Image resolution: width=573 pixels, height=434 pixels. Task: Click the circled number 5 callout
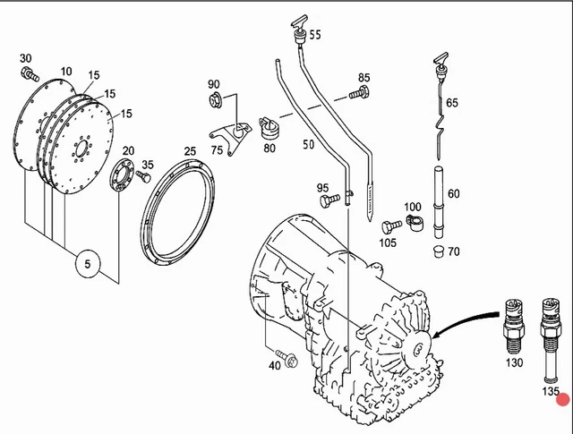87,263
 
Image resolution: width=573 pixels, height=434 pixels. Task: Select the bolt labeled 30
29,72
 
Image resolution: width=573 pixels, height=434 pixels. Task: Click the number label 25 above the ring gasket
190,152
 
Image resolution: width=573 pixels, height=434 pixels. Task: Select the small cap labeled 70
439,251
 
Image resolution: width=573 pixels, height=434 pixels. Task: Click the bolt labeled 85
357,91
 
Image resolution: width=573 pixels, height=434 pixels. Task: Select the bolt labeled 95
327,202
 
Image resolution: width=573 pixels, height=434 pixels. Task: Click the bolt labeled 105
388,227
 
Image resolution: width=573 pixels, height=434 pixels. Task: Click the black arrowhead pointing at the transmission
437,336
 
